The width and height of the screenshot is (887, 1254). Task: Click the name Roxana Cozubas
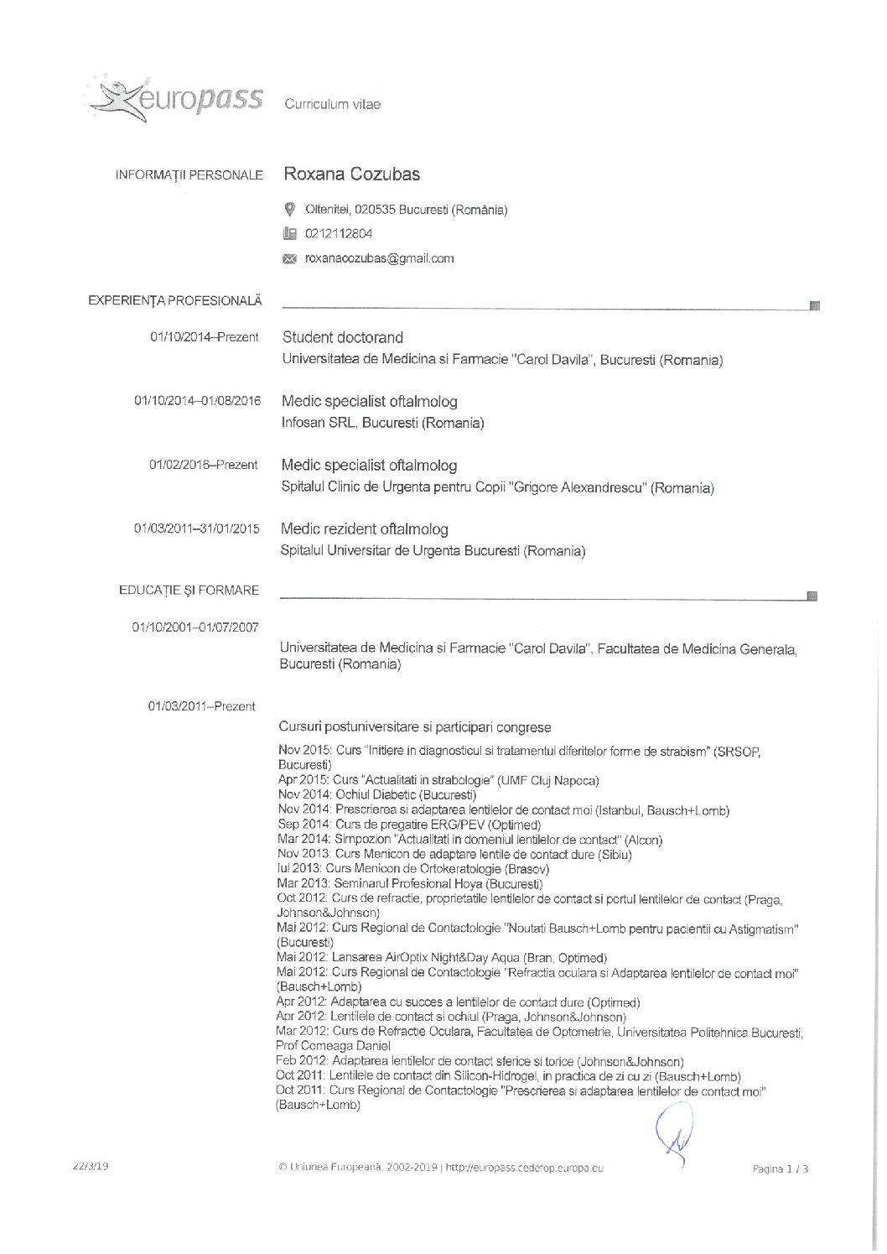point(351,174)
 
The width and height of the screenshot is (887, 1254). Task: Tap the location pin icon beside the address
point(290,210)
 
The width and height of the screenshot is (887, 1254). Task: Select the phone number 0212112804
point(339,234)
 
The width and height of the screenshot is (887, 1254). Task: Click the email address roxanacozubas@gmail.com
point(379,258)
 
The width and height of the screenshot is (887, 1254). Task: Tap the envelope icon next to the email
point(290,259)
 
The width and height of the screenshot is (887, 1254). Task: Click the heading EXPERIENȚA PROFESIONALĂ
point(175,300)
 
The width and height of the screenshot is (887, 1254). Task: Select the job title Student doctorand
point(342,337)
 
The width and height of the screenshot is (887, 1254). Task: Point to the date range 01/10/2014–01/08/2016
point(197,401)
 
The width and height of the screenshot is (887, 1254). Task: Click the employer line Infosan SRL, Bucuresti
point(382,423)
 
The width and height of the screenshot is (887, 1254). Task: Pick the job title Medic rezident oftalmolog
point(364,529)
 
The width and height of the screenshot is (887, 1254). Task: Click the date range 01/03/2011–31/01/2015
point(197,529)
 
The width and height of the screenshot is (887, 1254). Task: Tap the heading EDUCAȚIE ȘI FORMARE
point(189,591)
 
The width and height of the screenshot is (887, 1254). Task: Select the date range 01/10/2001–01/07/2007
point(195,627)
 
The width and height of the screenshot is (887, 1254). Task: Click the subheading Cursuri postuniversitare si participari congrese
point(414,727)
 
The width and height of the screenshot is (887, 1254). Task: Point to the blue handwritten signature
point(675,1132)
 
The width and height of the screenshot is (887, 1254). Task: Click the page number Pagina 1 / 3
point(780,1168)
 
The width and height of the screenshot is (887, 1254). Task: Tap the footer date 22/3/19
point(91,1166)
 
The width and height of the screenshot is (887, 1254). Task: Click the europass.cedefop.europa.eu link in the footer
point(524,1168)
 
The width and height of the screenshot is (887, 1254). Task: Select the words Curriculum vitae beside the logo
point(332,105)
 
